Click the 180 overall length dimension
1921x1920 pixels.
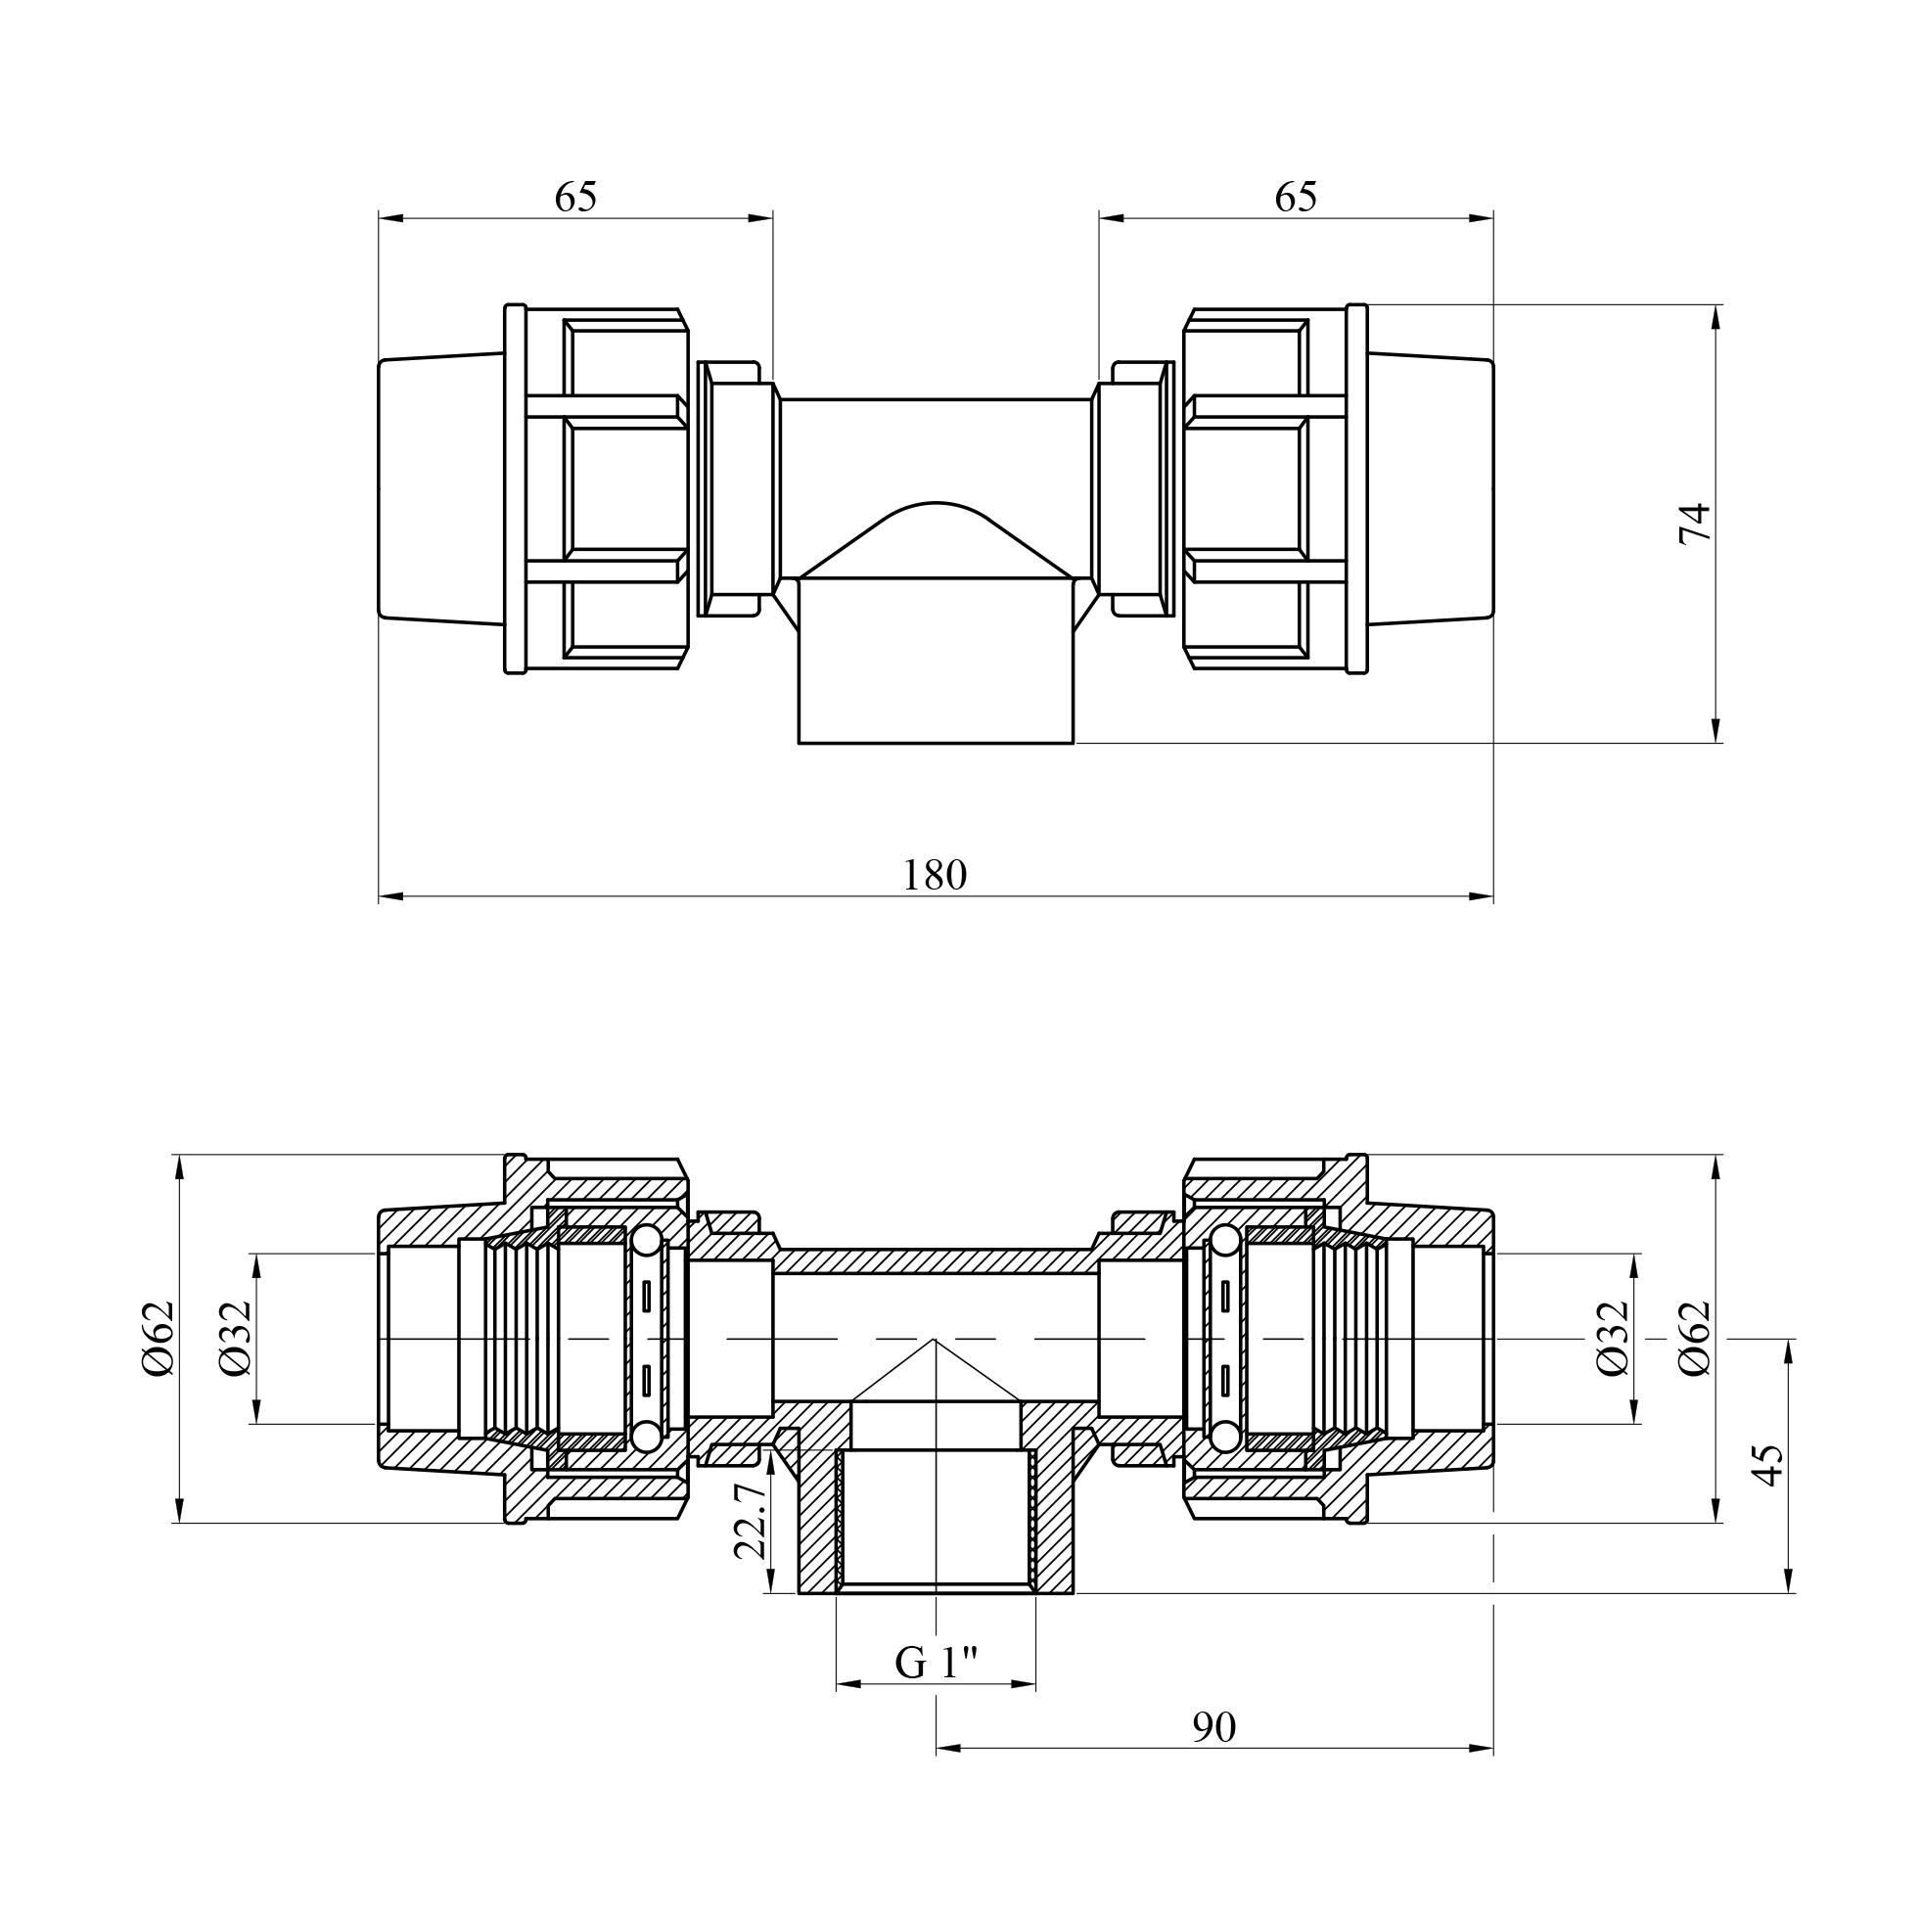click(x=934, y=876)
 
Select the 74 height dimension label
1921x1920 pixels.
click(x=1694, y=523)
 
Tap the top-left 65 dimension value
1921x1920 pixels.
click(x=575, y=197)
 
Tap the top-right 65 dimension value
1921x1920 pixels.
click(x=1296, y=197)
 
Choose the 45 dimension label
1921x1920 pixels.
click(x=1767, y=1466)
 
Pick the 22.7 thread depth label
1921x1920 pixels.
click(x=749, y=1522)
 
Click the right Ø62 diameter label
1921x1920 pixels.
click(x=1694, y=1339)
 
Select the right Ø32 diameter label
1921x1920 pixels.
click(x=1613, y=1339)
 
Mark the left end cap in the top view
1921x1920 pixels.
click(x=441, y=488)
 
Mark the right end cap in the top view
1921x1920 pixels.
click(x=1431, y=488)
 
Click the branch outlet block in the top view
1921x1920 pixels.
click(x=936, y=661)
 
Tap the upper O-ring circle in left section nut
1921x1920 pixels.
click(x=645, y=1242)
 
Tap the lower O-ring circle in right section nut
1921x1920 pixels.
click(x=1226, y=1435)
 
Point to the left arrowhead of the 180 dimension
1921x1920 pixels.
click(x=390, y=895)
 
